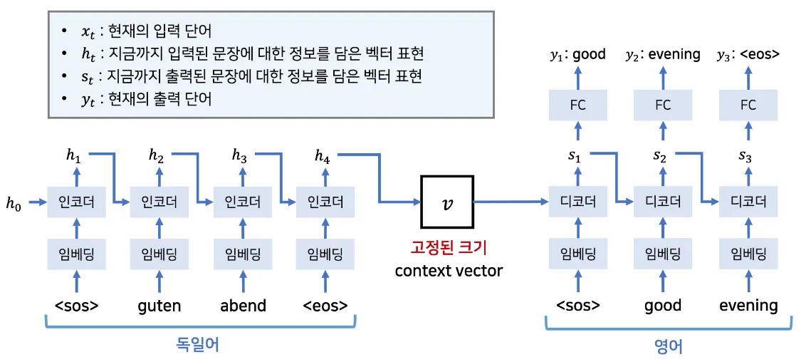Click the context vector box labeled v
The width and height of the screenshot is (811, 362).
pyautogui.click(x=446, y=202)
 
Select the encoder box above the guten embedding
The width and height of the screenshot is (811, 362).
pyautogui.click(x=158, y=202)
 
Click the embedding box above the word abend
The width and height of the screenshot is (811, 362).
pyautogui.click(x=243, y=254)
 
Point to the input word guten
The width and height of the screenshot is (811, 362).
pyautogui.click(x=159, y=306)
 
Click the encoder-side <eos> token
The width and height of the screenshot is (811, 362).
pyautogui.click(x=325, y=306)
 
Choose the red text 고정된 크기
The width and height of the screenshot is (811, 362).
pyautogui.click(x=449, y=248)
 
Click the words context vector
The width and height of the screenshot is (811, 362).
pyautogui.click(x=449, y=271)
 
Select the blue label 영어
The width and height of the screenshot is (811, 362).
pyautogui.click(x=668, y=346)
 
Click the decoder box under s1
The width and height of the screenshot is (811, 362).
pyautogui.click(x=577, y=202)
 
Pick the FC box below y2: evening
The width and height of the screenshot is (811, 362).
pyautogui.click(x=662, y=105)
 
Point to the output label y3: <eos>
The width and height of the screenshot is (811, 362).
pyautogui.click(x=748, y=54)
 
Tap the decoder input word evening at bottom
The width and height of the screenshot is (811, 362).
pyautogui.click(x=748, y=306)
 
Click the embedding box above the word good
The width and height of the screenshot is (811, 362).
pyautogui.click(x=662, y=254)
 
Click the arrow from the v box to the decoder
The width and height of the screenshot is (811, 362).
pyautogui.click(x=509, y=202)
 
